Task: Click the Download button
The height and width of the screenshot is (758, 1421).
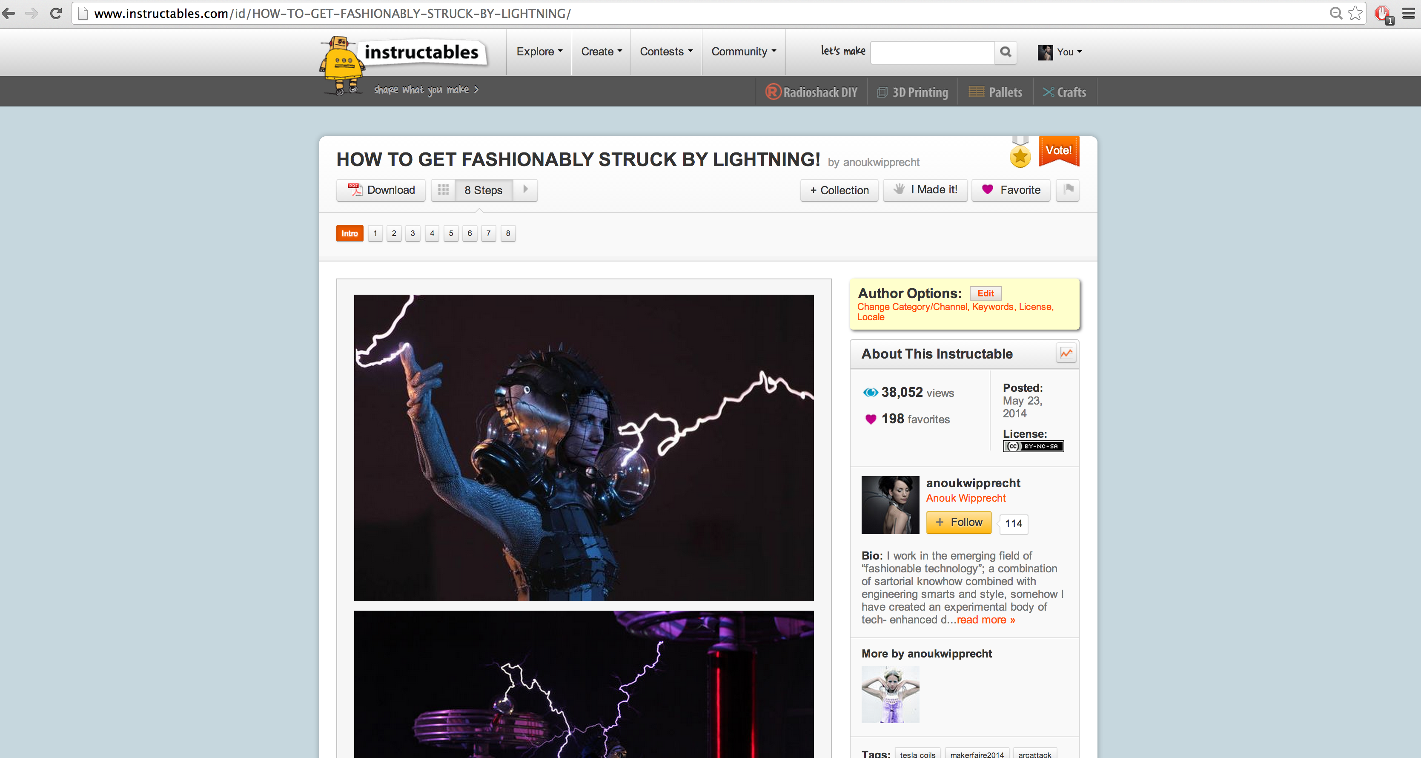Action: click(381, 190)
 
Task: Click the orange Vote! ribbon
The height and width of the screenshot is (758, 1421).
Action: click(1058, 151)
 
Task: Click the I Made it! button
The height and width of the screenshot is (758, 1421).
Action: click(925, 190)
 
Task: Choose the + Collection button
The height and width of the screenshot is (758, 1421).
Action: click(839, 190)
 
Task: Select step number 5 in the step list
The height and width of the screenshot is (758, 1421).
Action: click(451, 233)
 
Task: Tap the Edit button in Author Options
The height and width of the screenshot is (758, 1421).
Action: click(985, 293)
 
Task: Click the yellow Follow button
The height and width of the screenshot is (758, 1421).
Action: click(958, 523)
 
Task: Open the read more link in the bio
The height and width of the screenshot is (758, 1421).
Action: click(985, 620)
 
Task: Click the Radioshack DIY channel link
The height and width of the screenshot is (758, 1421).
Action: click(811, 92)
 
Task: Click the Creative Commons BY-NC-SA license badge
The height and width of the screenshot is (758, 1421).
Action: click(1033, 446)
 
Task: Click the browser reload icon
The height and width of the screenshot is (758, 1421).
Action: click(56, 13)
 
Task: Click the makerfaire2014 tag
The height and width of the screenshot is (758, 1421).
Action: click(977, 754)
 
